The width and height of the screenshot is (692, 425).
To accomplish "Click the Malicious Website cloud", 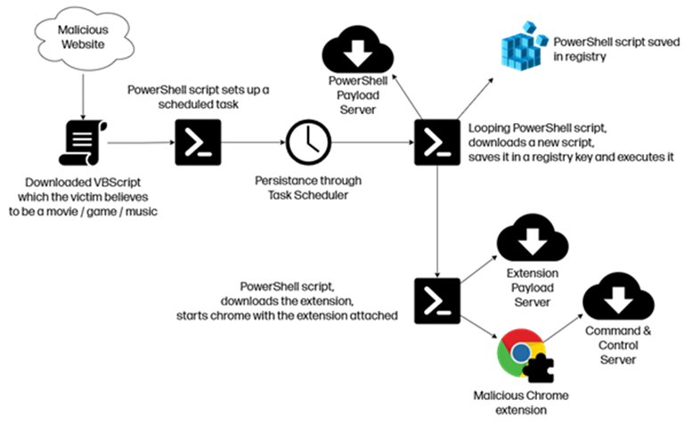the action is pos(84,37).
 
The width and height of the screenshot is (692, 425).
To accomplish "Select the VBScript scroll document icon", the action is pos(83,143).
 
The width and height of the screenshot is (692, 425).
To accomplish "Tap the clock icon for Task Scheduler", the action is pos(308,143).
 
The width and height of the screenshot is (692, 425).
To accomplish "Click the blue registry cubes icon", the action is pos(524,46).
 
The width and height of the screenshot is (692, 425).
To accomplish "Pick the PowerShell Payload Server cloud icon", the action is pos(357,50).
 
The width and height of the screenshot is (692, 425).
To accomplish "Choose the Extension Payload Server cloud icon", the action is pos(533,238).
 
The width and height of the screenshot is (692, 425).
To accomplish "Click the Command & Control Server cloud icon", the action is pos(618,297).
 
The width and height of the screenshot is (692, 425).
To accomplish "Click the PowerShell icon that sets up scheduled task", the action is pos(198,143).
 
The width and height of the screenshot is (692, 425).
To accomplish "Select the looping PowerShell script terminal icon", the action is pos(437,143).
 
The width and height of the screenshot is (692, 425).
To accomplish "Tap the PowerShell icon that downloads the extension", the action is pos(437,301).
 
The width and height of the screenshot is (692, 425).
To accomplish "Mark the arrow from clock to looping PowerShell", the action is pos(373,143).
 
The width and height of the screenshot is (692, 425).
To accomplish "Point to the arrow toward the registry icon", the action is pos(476,98).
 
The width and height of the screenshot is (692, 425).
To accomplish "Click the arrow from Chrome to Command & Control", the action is pos(564,328).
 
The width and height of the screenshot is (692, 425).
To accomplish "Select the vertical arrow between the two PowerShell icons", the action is pos(437,222).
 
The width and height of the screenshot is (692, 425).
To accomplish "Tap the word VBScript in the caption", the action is pos(117,183).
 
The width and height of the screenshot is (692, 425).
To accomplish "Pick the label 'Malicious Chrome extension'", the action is pos(521,403).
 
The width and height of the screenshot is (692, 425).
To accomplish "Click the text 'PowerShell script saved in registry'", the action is pos(616,49).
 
